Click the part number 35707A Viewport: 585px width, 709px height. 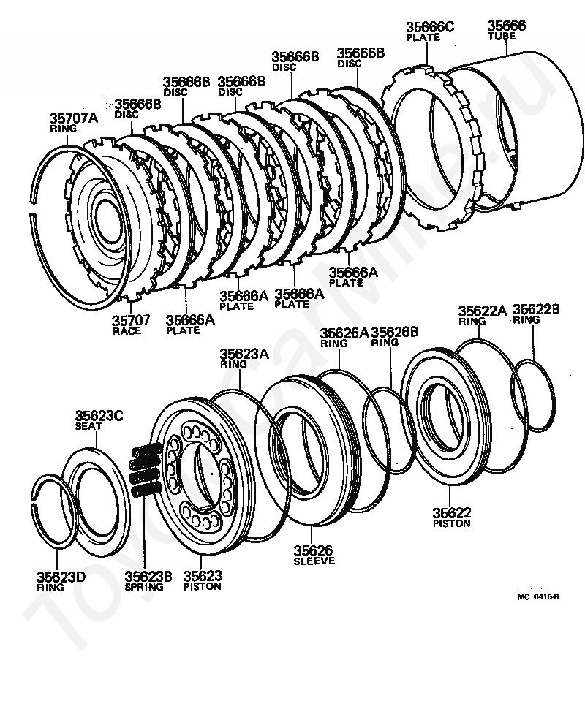click(73, 118)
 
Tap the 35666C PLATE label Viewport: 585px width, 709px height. click(429, 31)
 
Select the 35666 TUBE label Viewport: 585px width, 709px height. click(506, 30)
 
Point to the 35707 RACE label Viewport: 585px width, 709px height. click(131, 325)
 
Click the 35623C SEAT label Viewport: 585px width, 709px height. click(99, 420)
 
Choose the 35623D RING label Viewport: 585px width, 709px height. click(61, 583)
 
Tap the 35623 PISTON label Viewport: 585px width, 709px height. click(203, 581)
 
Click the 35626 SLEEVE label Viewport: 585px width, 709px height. click(314, 556)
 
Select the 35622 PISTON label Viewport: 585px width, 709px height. click(451, 518)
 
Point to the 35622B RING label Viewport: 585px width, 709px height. click(536, 314)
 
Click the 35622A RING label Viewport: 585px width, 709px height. click(483, 316)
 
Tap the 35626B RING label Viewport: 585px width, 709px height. click(395, 337)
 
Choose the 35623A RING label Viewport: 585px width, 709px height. click(244, 359)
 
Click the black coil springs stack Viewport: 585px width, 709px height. click(146, 470)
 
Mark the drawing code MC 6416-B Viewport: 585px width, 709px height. click(538, 597)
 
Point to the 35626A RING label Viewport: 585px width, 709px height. click(344, 338)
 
